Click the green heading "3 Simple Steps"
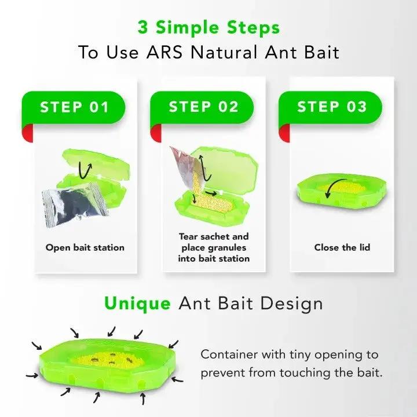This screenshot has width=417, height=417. [x=209, y=28]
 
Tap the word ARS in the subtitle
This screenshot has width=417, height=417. [x=164, y=52]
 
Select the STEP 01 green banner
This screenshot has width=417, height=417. [x=74, y=108]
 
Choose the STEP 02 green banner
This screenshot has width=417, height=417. [x=202, y=108]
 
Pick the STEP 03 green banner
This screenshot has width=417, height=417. [x=330, y=108]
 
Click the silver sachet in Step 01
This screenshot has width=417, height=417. [x=75, y=204]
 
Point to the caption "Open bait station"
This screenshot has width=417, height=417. [x=85, y=248]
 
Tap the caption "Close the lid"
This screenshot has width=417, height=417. [x=342, y=248]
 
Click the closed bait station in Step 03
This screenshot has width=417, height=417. [x=342, y=191]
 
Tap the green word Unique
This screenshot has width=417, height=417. [x=137, y=303]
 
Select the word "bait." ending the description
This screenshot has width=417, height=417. [x=370, y=373]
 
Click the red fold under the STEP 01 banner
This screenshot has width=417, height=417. [x=27, y=133]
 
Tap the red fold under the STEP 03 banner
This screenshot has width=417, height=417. [x=284, y=133]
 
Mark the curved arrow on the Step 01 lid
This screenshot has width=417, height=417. [x=85, y=170]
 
